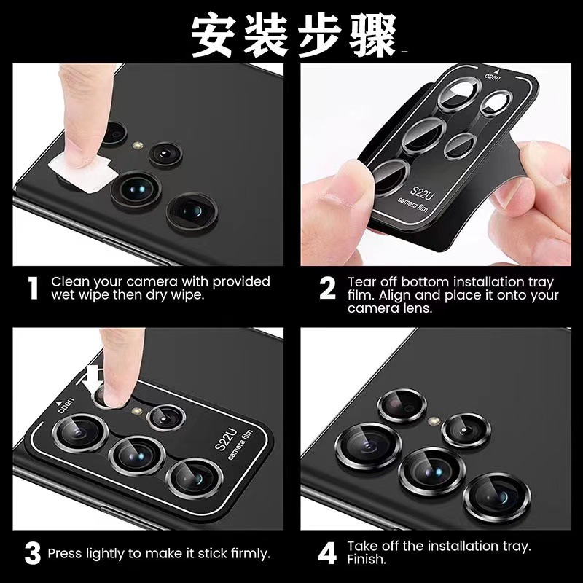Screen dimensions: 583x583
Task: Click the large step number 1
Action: tap(32, 289)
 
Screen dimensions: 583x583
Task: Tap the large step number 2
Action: tap(328, 289)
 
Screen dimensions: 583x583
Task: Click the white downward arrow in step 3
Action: tap(93, 377)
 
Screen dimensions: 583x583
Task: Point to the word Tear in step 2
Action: tap(361, 282)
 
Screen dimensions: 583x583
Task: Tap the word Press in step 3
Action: tap(66, 554)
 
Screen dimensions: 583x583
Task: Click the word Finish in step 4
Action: tap(367, 560)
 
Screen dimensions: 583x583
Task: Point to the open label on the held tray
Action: tap(493, 77)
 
